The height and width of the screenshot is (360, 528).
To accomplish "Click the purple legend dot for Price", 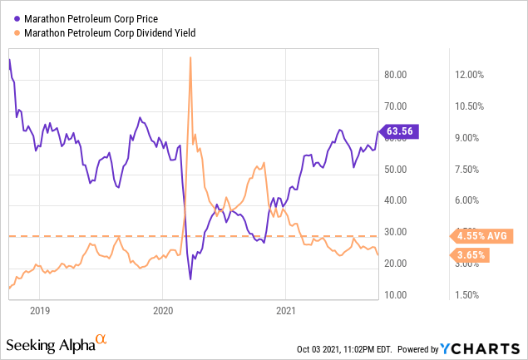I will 18,17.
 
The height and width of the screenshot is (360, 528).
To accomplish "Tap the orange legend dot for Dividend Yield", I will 18,32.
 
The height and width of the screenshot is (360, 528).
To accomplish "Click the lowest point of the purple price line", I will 191,279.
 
